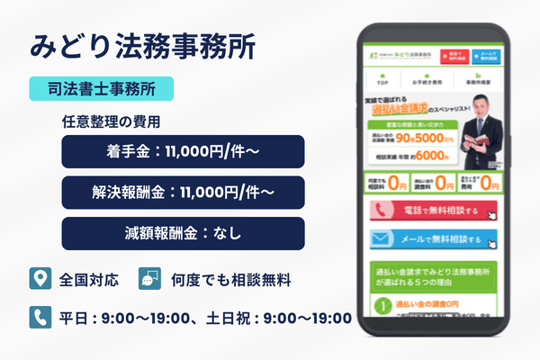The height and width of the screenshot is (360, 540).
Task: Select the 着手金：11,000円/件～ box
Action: click(183, 151)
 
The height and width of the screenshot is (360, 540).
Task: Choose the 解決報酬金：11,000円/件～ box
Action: click(183, 193)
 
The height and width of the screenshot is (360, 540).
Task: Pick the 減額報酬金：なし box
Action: click(183, 233)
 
